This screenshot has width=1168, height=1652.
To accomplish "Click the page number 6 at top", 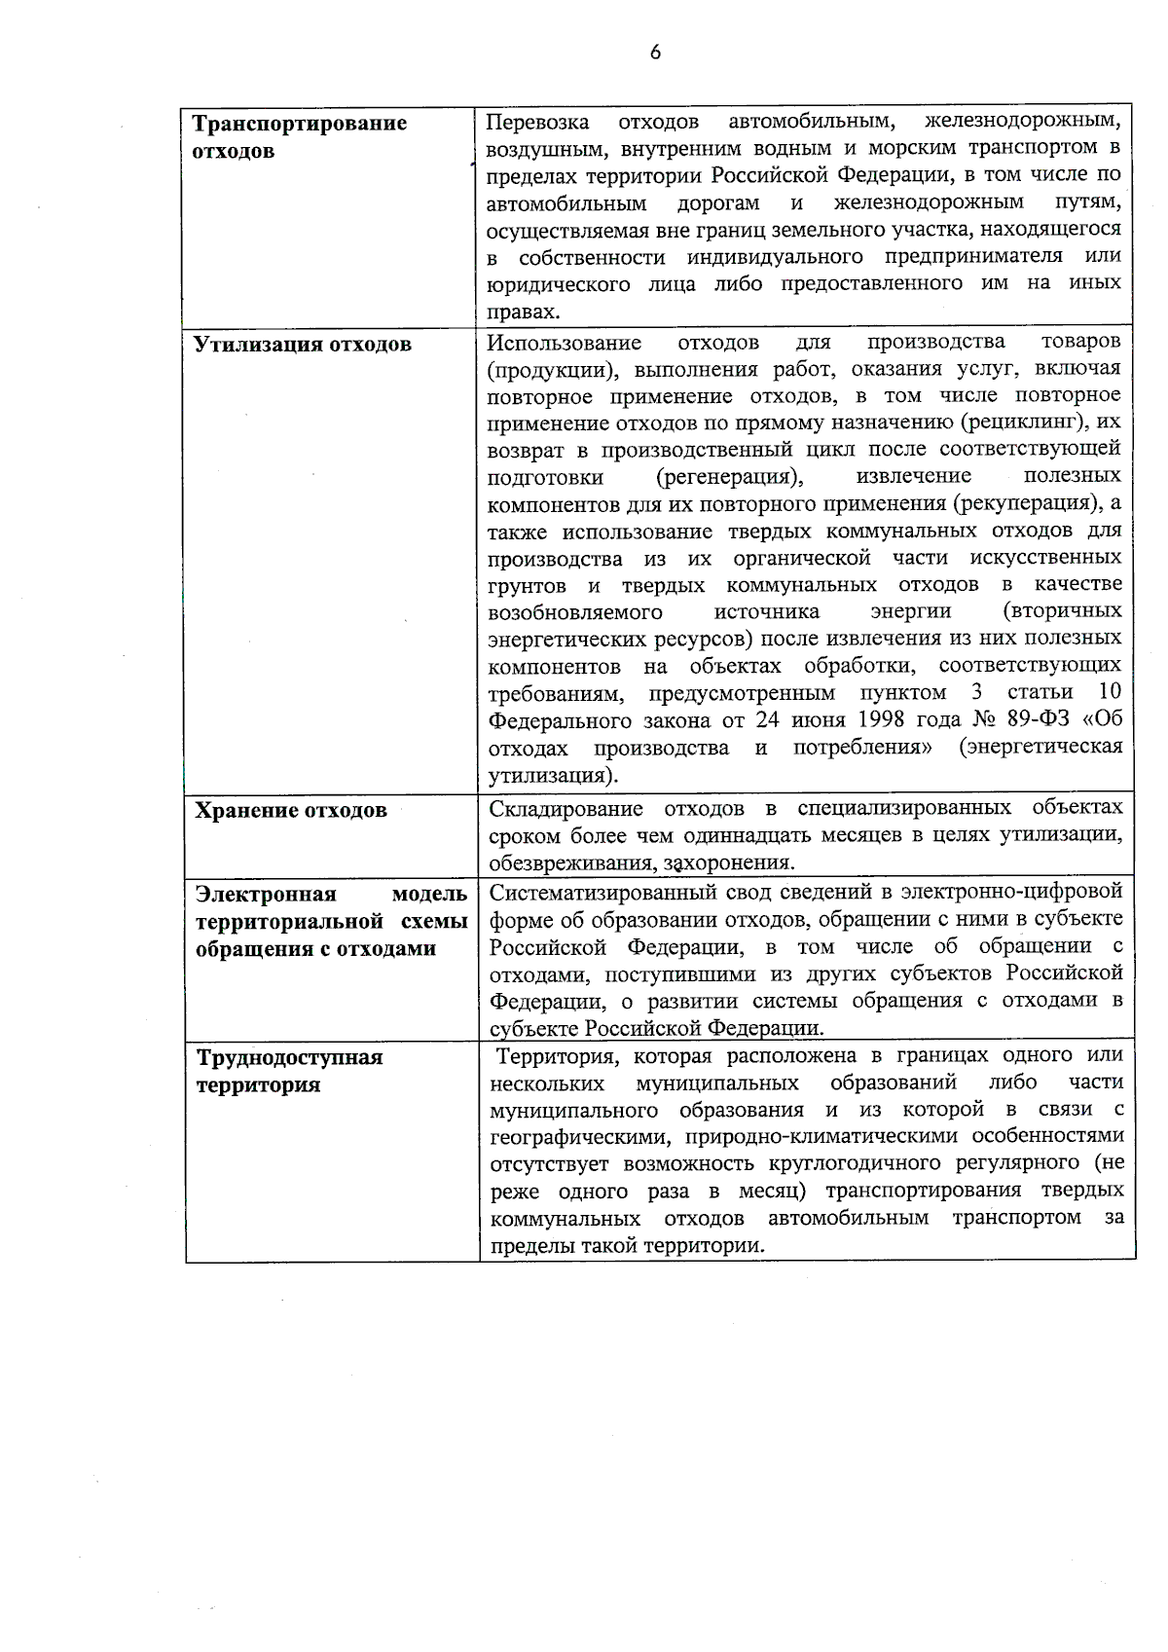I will click(x=655, y=53).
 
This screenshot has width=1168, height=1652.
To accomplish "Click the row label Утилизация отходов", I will click(x=303, y=345).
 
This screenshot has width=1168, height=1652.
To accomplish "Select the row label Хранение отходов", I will click(x=291, y=810).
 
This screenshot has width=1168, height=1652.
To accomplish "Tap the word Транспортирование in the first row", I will click(x=300, y=124).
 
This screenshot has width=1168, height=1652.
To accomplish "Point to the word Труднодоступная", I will click(x=290, y=1057).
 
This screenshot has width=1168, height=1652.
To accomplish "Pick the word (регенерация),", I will click(x=730, y=477).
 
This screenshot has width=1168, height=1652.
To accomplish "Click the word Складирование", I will click(x=566, y=809).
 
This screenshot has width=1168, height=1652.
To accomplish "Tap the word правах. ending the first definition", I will click(x=524, y=312).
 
